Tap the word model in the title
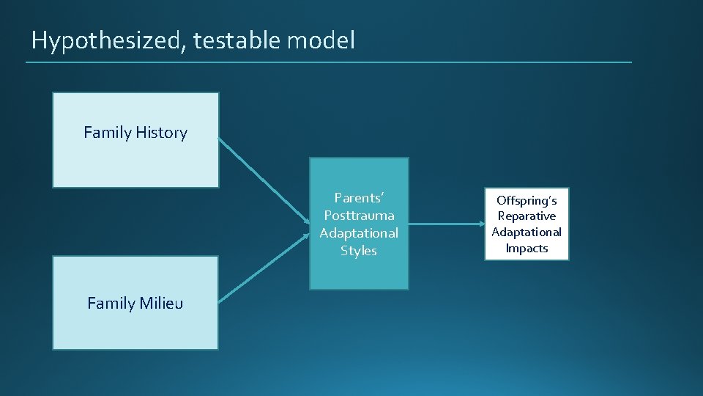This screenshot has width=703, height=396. click(321, 40)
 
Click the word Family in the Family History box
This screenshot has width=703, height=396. click(107, 133)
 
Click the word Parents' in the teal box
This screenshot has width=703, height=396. click(359, 198)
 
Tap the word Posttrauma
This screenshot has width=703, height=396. click(359, 216)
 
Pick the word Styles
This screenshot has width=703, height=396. click(359, 251)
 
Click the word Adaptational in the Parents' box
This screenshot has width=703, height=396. click(359, 233)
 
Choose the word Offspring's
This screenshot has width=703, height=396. click(527, 200)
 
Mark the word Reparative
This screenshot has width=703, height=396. click(527, 216)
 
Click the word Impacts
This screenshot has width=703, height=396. click(527, 249)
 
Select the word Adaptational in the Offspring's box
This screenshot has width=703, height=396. click(527, 232)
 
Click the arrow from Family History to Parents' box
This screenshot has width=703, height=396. click(264, 180)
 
